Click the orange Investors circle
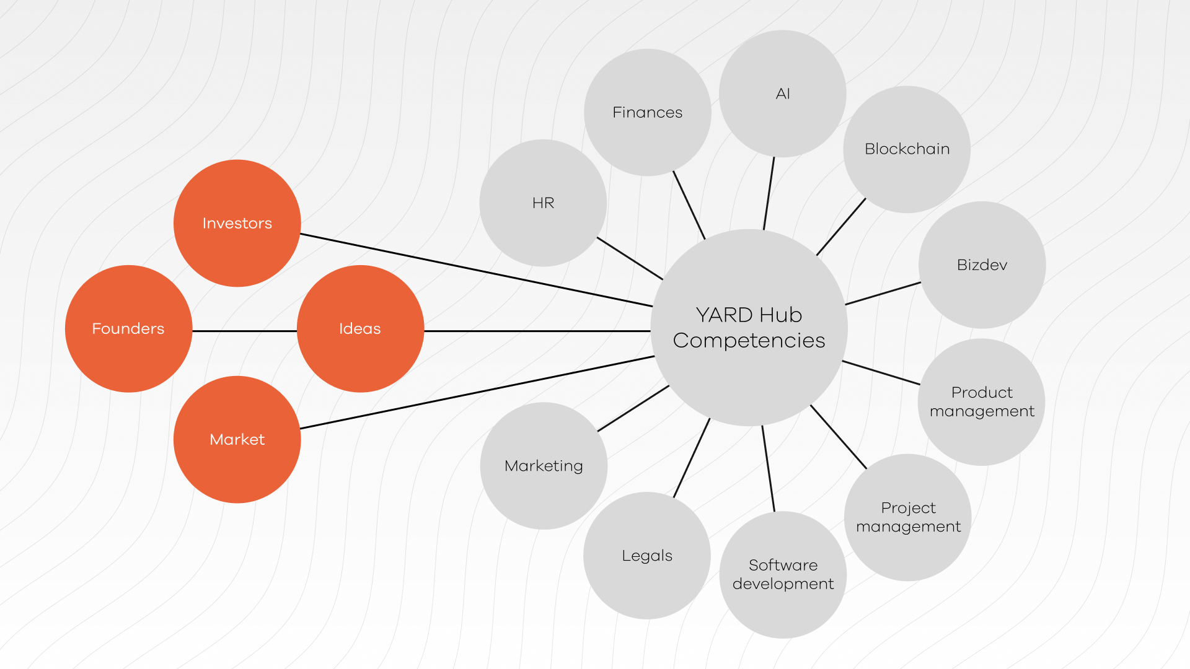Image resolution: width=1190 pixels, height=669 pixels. [237, 223]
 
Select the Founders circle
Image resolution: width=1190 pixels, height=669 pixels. [128, 328]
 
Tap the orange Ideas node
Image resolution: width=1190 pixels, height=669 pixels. [360, 328]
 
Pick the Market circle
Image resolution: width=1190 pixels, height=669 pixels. [237, 439]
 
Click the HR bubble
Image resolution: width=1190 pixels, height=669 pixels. [543, 203]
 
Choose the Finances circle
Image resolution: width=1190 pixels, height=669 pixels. [647, 112]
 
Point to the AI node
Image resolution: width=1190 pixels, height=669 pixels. [783, 94]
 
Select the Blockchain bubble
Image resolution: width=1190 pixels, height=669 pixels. [907, 149]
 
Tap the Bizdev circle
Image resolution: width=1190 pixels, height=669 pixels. [982, 265]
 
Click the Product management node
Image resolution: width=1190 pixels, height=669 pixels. [982, 401]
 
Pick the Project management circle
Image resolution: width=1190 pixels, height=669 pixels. [908, 517]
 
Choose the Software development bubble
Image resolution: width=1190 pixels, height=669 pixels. [783, 574]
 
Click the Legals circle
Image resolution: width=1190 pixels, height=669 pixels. [647, 556]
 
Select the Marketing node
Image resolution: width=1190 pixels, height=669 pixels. [544, 466]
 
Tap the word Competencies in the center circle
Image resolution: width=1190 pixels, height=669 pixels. [749, 340]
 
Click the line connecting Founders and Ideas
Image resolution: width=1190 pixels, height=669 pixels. [245, 331]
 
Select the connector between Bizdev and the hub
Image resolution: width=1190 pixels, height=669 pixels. [883, 294]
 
